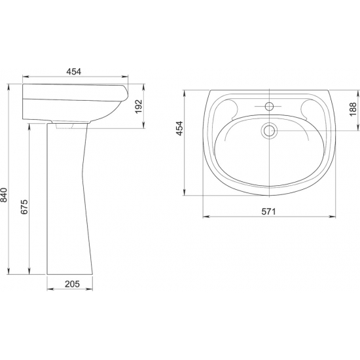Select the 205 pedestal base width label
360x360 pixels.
click(72, 284)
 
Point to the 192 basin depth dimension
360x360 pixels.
click(138, 107)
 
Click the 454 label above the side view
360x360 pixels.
click(74, 71)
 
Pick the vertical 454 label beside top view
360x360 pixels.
click(180, 128)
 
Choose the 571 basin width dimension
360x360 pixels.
click(268, 211)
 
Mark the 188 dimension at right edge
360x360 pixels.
click(353, 109)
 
